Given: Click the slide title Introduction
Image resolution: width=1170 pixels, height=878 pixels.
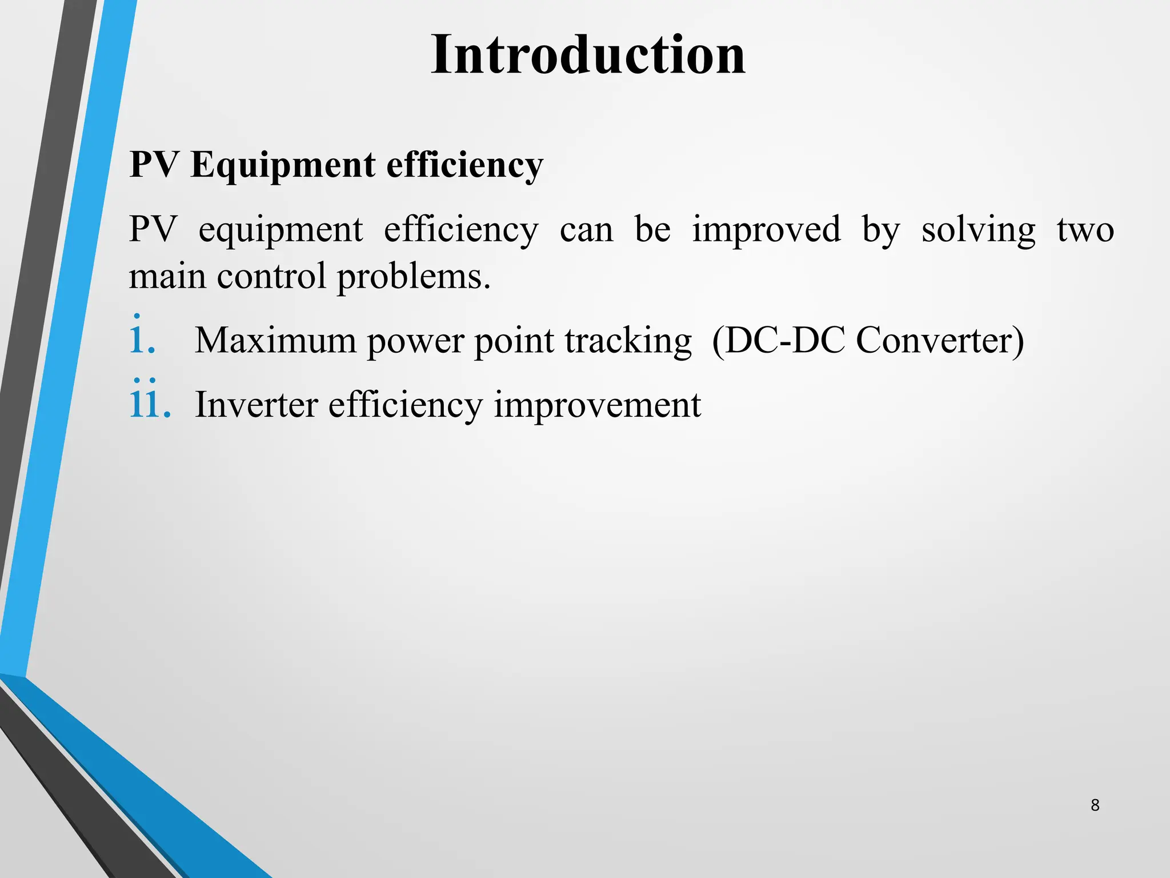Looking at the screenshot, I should [588, 55].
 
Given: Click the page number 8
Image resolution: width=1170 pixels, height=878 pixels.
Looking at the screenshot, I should [1095, 805].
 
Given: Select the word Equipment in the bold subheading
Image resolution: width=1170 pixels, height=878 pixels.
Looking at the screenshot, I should [283, 166].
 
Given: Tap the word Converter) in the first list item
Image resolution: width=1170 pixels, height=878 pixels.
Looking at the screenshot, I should [940, 341].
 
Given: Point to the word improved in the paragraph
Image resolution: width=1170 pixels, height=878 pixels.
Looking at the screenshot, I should [766, 230].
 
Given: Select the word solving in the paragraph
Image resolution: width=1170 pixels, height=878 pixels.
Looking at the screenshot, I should [978, 230].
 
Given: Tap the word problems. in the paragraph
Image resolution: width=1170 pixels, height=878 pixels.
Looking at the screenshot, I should [414, 277].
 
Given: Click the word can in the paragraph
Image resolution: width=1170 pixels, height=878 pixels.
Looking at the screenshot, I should [586, 230].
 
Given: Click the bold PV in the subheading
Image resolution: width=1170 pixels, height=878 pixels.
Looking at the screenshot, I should [154, 166].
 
